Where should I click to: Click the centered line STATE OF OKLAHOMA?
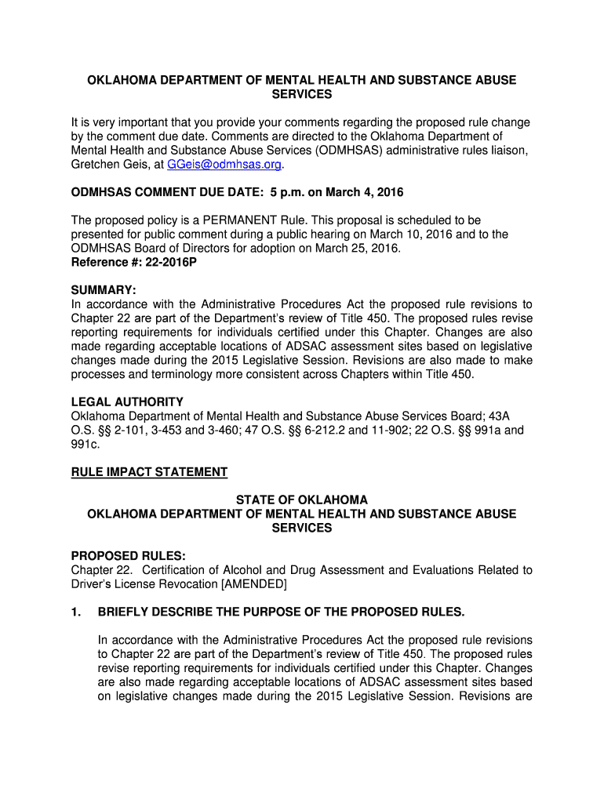click(x=302, y=500)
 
